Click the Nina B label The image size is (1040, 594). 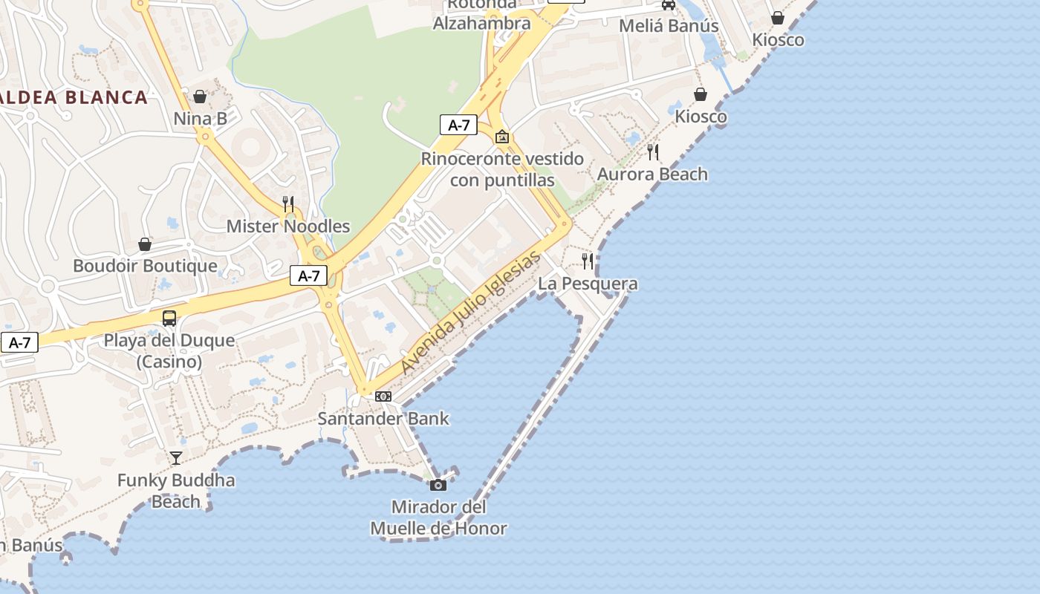(x=200, y=119)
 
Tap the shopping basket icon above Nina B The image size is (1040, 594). (x=200, y=97)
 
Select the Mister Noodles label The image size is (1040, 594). (x=288, y=226)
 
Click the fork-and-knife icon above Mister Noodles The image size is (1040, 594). (x=288, y=203)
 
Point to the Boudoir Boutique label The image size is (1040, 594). (x=145, y=266)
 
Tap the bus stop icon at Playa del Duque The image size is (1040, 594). (x=169, y=319)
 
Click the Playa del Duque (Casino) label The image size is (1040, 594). (x=169, y=351)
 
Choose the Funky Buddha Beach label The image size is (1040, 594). (x=176, y=491)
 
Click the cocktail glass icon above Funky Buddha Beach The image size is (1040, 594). (x=176, y=457)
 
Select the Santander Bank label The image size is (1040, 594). (x=383, y=419)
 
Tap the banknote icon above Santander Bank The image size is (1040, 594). (x=383, y=396)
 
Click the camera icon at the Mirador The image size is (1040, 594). (x=438, y=485)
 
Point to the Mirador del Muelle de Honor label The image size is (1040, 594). (x=438, y=518)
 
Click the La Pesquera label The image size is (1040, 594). (x=588, y=284)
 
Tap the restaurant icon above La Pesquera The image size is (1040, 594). (x=588, y=261)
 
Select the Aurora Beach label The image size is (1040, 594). (x=653, y=174)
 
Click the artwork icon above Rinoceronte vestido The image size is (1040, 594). (x=502, y=137)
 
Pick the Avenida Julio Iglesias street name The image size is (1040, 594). (x=471, y=313)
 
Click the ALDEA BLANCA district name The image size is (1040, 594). (x=74, y=97)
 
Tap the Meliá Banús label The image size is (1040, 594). (x=669, y=26)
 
